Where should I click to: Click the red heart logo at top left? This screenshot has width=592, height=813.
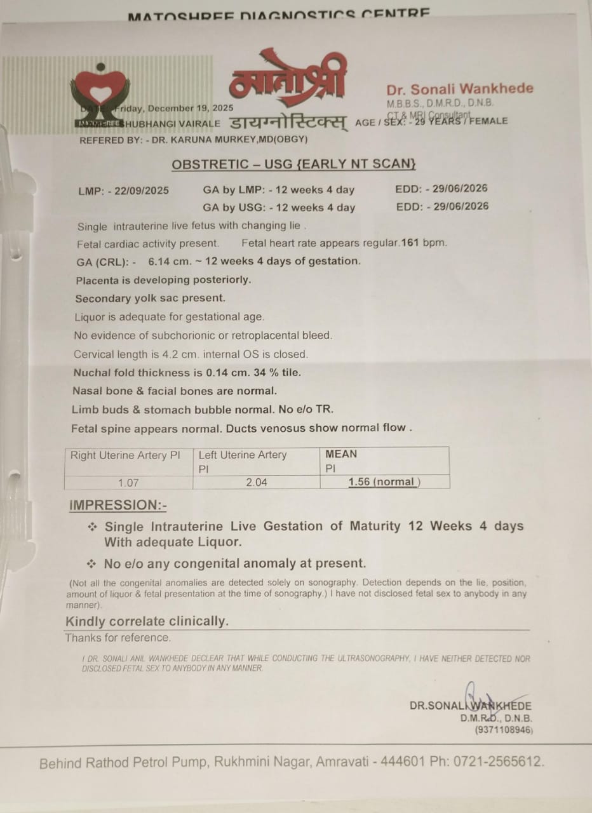[x=100, y=90]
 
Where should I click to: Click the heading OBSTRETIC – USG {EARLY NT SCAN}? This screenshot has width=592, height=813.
[x=293, y=165]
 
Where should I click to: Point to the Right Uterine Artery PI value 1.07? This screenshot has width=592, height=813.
[x=128, y=483]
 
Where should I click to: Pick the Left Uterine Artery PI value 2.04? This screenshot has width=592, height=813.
[x=257, y=483]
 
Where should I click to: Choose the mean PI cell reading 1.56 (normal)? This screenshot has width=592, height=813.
[x=384, y=482]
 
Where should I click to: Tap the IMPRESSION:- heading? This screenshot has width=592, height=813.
[x=118, y=506]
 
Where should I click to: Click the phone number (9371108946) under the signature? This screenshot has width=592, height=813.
[x=504, y=730]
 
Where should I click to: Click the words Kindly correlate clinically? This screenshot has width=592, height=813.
[x=147, y=621]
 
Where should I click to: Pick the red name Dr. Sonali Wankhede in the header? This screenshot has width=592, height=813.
[x=460, y=89]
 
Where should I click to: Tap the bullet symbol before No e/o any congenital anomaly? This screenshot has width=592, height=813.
[x=93, y=563]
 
